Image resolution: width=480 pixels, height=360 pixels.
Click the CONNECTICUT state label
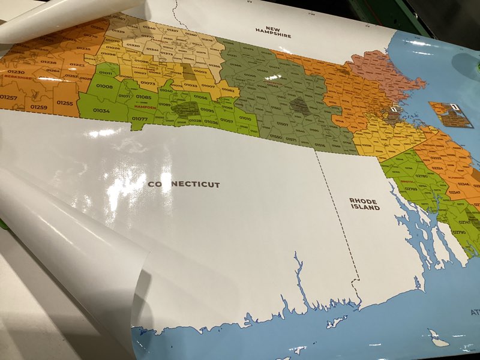coord(184,184)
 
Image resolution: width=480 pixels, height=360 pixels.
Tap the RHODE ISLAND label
coord(365,204)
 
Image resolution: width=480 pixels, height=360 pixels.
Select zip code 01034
coord(101,110)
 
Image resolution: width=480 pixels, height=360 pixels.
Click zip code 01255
coord(65,103)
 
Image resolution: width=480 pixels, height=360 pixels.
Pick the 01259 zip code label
coord(38,107)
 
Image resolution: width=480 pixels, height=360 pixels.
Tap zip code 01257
coord(8,97)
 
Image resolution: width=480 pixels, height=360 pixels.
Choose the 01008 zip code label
coord(104,86)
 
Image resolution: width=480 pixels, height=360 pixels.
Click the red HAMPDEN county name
coord(145,107)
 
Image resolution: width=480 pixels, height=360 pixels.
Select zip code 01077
coord(140,119)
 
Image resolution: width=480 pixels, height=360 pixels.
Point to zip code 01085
coord(143,97)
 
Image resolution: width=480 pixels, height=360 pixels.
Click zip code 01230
coord(16,72)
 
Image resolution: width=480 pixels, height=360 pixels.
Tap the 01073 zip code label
coord(149,83)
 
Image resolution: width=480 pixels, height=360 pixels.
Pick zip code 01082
coord(228,90)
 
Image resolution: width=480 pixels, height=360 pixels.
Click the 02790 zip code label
coord(458,232)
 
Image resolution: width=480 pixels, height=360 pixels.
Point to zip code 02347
coord(454,193)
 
